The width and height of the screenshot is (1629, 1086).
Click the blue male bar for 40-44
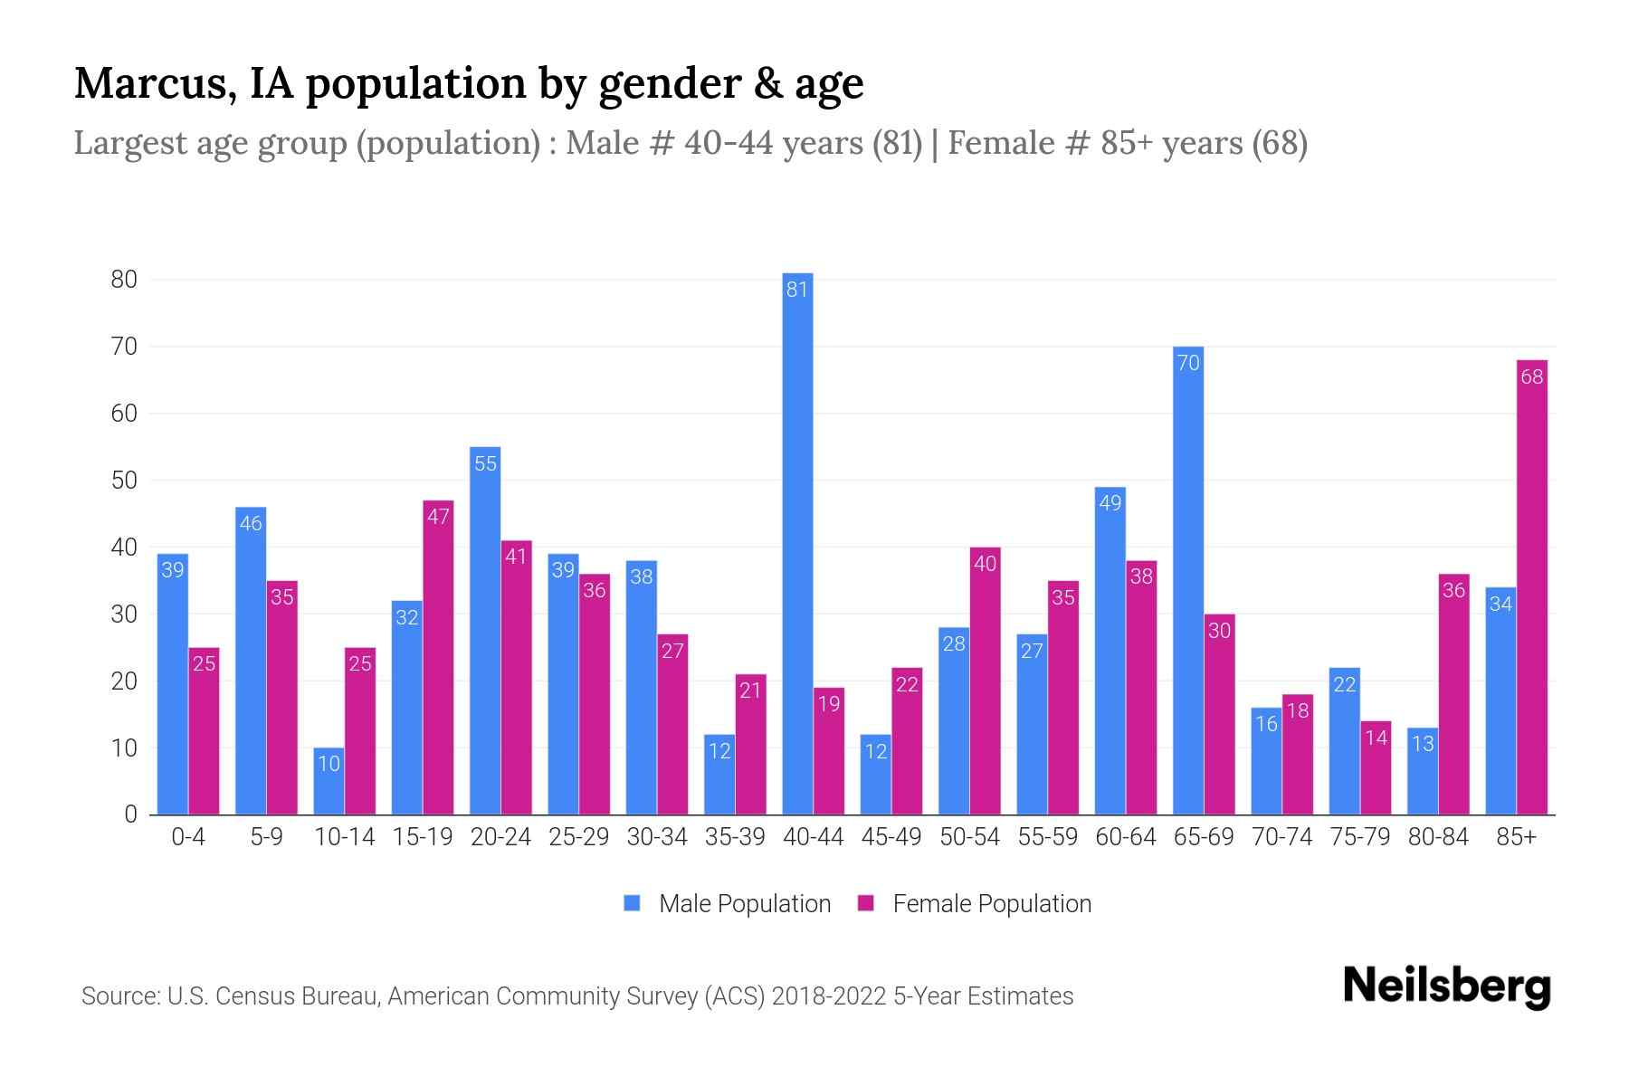[797, 543]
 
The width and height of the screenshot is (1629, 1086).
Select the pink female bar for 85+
[1531, 588]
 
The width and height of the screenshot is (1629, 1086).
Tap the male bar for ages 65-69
[1187, 579]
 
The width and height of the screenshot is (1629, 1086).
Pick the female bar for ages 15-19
[438, 657]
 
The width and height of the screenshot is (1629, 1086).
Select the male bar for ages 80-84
[1422, 771]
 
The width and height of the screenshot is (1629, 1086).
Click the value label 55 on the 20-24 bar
[485, 463]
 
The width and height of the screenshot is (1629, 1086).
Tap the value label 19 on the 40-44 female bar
[829, 703]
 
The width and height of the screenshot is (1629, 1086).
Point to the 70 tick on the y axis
[124, 347]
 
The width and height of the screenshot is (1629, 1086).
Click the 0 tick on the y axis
[131, 814]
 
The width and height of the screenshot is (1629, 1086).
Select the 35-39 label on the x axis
[735, 837]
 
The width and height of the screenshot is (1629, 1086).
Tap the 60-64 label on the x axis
[1125, 837]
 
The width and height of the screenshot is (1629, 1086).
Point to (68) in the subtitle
[1280, 143]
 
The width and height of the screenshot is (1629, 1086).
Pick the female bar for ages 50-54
[985, 681]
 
